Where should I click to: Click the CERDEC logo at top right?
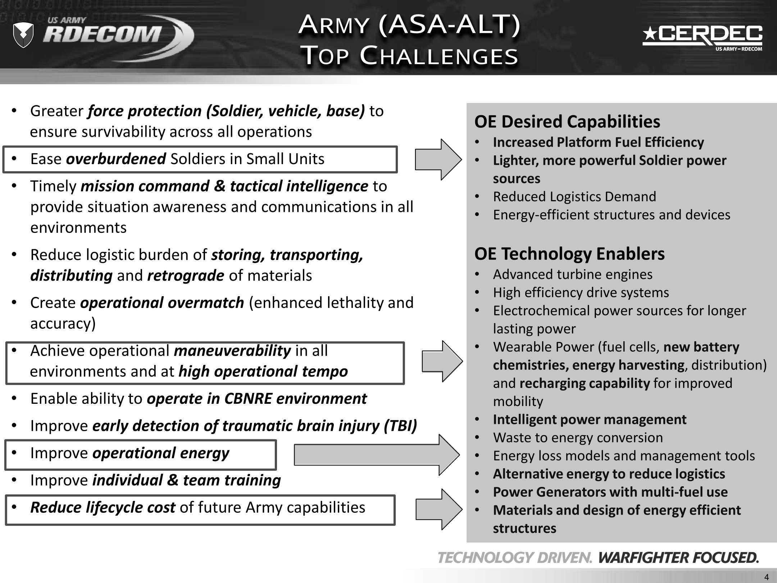click(x=702, y=38)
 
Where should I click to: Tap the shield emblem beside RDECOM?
click(x=23, y=35)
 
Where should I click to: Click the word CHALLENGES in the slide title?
click(x=439, y=56)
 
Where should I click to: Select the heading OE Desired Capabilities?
click(x=567, y=122)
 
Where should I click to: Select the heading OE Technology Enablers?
click(x=569, y=254)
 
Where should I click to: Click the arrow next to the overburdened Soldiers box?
click(x=438, y=159)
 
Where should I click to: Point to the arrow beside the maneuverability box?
click(x=442, y=361)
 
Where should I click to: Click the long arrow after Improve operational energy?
click(x=376, y=455)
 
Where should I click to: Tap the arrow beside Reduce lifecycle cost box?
click(x=439, y=509)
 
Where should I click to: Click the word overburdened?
click(x=116, y=159)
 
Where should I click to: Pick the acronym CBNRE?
click(x=248, y=399)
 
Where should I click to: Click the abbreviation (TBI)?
click(x=400, y=426)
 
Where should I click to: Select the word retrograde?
click(x=186, y=276)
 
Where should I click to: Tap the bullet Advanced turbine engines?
click(x=572, y=275)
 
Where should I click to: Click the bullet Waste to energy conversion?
click(x=578, y=438)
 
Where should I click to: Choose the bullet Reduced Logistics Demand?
click(x=574, y=197)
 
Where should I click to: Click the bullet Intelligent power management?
click(x=589, y=420)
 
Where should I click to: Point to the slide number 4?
click(x=767, y=577)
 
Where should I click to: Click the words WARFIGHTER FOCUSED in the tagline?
click(x=678, y=558)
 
